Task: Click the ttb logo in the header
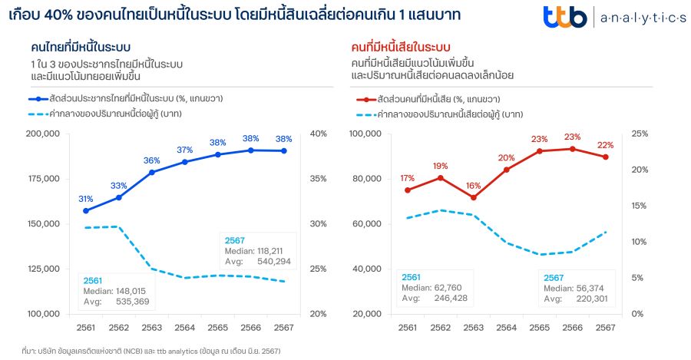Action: point(567,17)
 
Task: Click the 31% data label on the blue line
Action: point(85,199)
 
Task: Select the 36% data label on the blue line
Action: point(151,160)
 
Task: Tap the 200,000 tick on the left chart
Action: point(42,134)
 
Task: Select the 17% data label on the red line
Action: point(407,178)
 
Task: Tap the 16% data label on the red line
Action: point(473,186)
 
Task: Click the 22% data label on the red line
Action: point(605,145)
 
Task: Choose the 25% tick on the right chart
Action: point(639,134)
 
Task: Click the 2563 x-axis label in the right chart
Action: point(474,327)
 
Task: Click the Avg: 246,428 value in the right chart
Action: point(434,298)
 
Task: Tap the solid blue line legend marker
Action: point(37,99)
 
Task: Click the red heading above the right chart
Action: point(399,48)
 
